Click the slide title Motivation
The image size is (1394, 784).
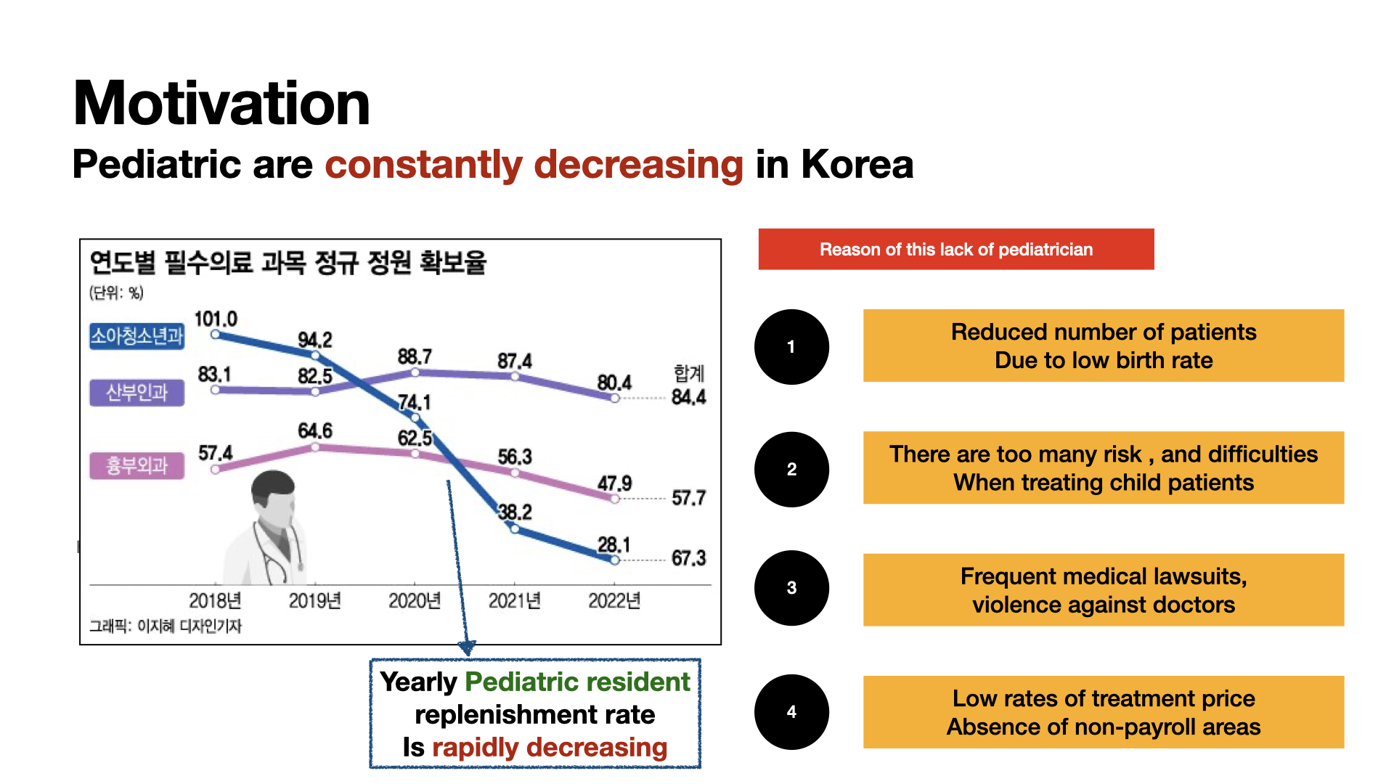(221, 103)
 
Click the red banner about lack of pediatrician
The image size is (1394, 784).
(955, 249)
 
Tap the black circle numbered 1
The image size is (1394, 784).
(791, 347)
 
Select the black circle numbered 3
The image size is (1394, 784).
(791, 588)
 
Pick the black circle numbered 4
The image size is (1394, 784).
(791, 712)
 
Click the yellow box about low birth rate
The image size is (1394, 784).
(1103, 346)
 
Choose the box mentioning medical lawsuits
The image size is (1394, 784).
(1103, 589)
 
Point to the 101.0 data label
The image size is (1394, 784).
(216, 319)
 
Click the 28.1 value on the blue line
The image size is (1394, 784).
(614, 544)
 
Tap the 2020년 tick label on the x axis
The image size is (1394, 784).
(415, 601)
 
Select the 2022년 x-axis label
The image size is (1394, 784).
(614, 601)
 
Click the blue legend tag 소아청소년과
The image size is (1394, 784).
(136, 336)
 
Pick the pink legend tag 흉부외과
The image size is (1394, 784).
(136, 465)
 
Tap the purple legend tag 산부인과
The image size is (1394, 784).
(136, 393)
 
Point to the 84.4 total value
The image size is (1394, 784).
(688, 397)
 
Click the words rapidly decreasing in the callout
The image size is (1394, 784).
(549, 748)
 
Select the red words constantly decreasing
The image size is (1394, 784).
(534, 164)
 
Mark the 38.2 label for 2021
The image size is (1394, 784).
(515, 513)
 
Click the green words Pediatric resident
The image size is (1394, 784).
(577, 682)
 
